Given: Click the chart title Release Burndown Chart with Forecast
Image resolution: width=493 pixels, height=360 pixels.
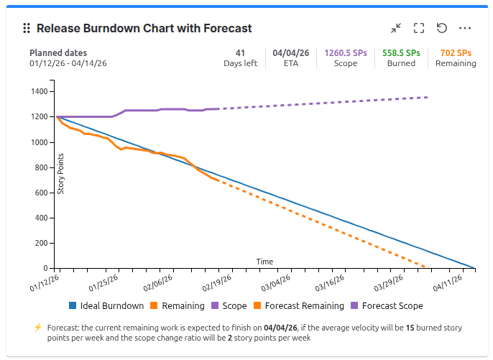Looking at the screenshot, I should [x=144, y=29].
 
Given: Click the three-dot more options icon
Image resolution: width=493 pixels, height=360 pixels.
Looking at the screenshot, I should [x=465, y=29].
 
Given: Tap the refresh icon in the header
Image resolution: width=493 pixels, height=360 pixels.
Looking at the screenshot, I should [x=442, y=29].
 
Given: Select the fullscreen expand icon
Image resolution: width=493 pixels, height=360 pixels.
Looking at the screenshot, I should [x=419, y=29].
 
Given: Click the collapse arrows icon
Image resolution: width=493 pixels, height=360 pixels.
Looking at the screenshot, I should [x=396, y=29].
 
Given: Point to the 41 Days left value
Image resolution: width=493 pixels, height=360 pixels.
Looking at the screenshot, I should [x=240, y=52].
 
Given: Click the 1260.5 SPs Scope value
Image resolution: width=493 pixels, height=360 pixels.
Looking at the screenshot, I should [x=346, y=52].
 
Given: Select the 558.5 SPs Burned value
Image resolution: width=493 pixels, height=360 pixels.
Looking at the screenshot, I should [x=401, y=52].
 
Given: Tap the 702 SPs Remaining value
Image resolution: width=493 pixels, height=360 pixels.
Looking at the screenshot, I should [x=456, y=52].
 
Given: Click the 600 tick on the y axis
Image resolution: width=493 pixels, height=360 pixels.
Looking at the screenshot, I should [x=42, y=193].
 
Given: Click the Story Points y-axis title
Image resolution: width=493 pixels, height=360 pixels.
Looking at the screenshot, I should [x=61, y=175].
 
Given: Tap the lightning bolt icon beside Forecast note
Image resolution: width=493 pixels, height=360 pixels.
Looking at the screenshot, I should [x=38, y=328].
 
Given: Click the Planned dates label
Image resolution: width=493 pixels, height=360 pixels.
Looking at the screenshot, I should [x=58, y=53].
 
